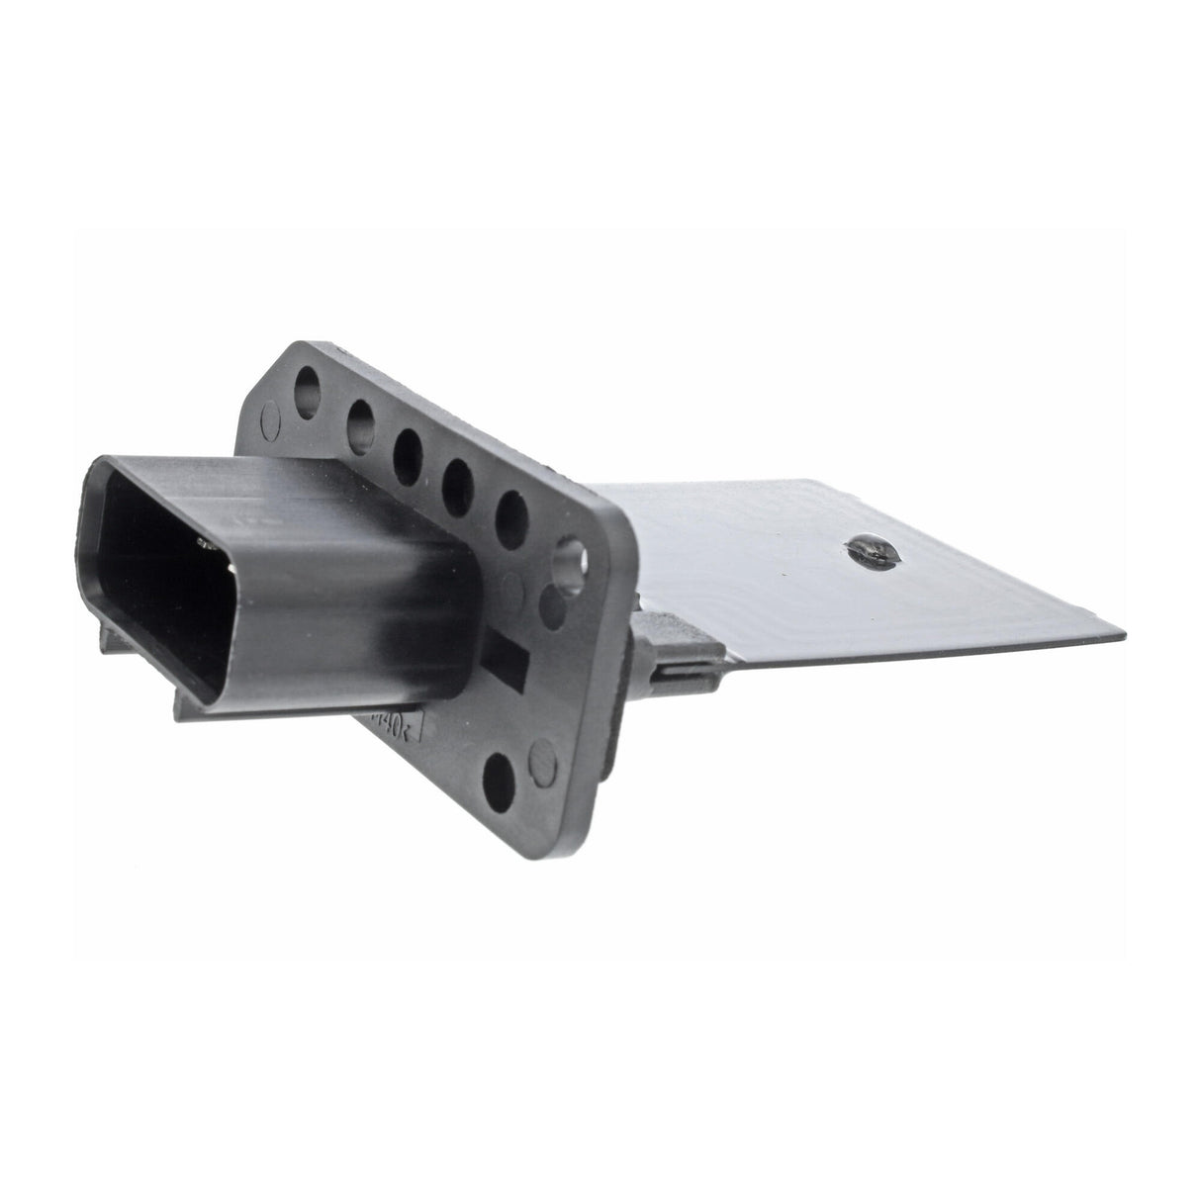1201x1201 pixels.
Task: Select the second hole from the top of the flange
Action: (x=360, y=416)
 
